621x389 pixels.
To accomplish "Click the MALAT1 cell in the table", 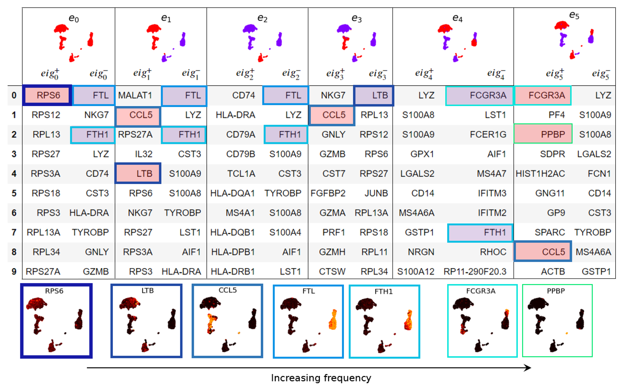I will (x=135, y=95).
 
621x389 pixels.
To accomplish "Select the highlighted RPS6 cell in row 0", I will (x=48, y=95).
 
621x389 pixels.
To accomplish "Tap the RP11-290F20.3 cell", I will (x=475, y=271).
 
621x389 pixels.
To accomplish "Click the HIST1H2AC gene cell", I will (x=540, y=174).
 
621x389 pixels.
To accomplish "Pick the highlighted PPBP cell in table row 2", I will (x=553, y=134).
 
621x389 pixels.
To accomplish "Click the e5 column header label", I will (x=574, y=15).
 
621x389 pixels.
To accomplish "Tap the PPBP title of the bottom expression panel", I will (x=556, y=291).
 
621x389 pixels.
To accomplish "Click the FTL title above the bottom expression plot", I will (x=309, y=291).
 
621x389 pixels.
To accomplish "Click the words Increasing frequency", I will (x=321, y=378).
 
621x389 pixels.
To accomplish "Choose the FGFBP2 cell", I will (x=328, y=193).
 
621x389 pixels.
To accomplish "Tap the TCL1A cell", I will (x=241, y=174).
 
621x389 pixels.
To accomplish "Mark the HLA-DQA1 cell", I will (x=232, y=193).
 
